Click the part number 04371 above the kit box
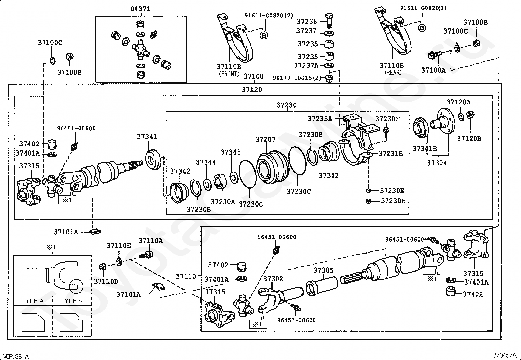coord(140,9)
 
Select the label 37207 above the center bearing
coord(265,140)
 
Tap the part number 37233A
coord(320,118)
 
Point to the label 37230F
coord(387,119)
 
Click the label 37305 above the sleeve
coord(323,270)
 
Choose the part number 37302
coord(273,279)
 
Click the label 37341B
coord(424,149)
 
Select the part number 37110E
coord(118,246)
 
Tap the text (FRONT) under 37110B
coord(229,74)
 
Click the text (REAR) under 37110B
coord(393,72)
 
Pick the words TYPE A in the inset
coord(33,301)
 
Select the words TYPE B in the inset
coord(72,301)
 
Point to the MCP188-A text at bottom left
coord(16,356)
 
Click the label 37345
coord(230,152)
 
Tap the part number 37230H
coord(393,201)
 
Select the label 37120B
coord(469,139)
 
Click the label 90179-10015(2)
coord(297,78)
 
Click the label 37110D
coord(106,281)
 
